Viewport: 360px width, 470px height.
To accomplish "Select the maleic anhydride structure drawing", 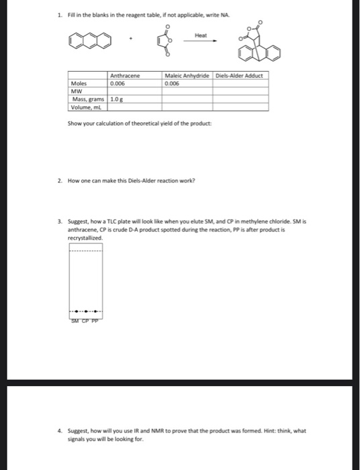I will point(163,44).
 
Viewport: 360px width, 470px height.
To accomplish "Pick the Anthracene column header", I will point(125,76).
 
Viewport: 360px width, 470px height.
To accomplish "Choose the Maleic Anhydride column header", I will point(187,76).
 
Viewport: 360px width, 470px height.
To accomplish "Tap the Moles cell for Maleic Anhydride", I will point(187,84).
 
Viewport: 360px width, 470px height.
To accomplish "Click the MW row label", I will point(77,91).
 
